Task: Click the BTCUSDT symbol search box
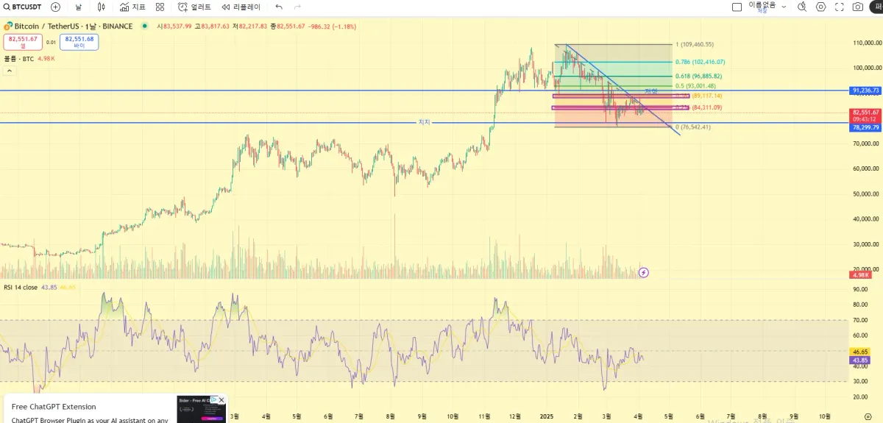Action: point(23,7)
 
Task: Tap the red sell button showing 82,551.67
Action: point(23,41)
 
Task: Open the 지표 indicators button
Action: point(133,7)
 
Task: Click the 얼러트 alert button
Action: point(195,7)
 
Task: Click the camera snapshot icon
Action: point(858,7)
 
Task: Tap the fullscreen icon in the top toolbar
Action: point(840,7)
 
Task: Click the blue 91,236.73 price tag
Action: point(866,90)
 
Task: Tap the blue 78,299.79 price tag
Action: point(866,127)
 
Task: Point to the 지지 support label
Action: point(424,122)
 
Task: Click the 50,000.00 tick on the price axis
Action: point(866,194)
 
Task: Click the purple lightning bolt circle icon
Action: point(644,272)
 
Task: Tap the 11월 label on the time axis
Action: point(484,416)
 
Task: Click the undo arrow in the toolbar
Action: point(279,7)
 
